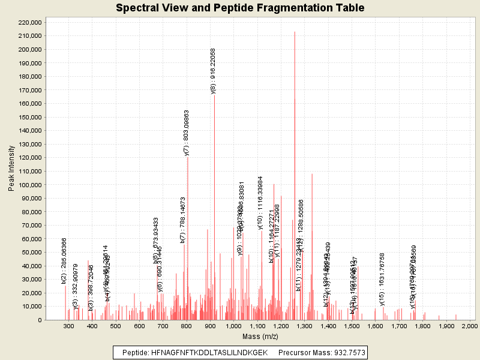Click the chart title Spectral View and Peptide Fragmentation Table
pyautogui.click(x=240, y=8)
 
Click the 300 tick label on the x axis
pyautogui.click(x=69, y=326)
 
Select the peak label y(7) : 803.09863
pyautogui.click(x=187, y=133)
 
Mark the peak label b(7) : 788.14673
pyautogui.click(x=183, y=220)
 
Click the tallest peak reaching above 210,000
pyautogui.click(x=295, y=33)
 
